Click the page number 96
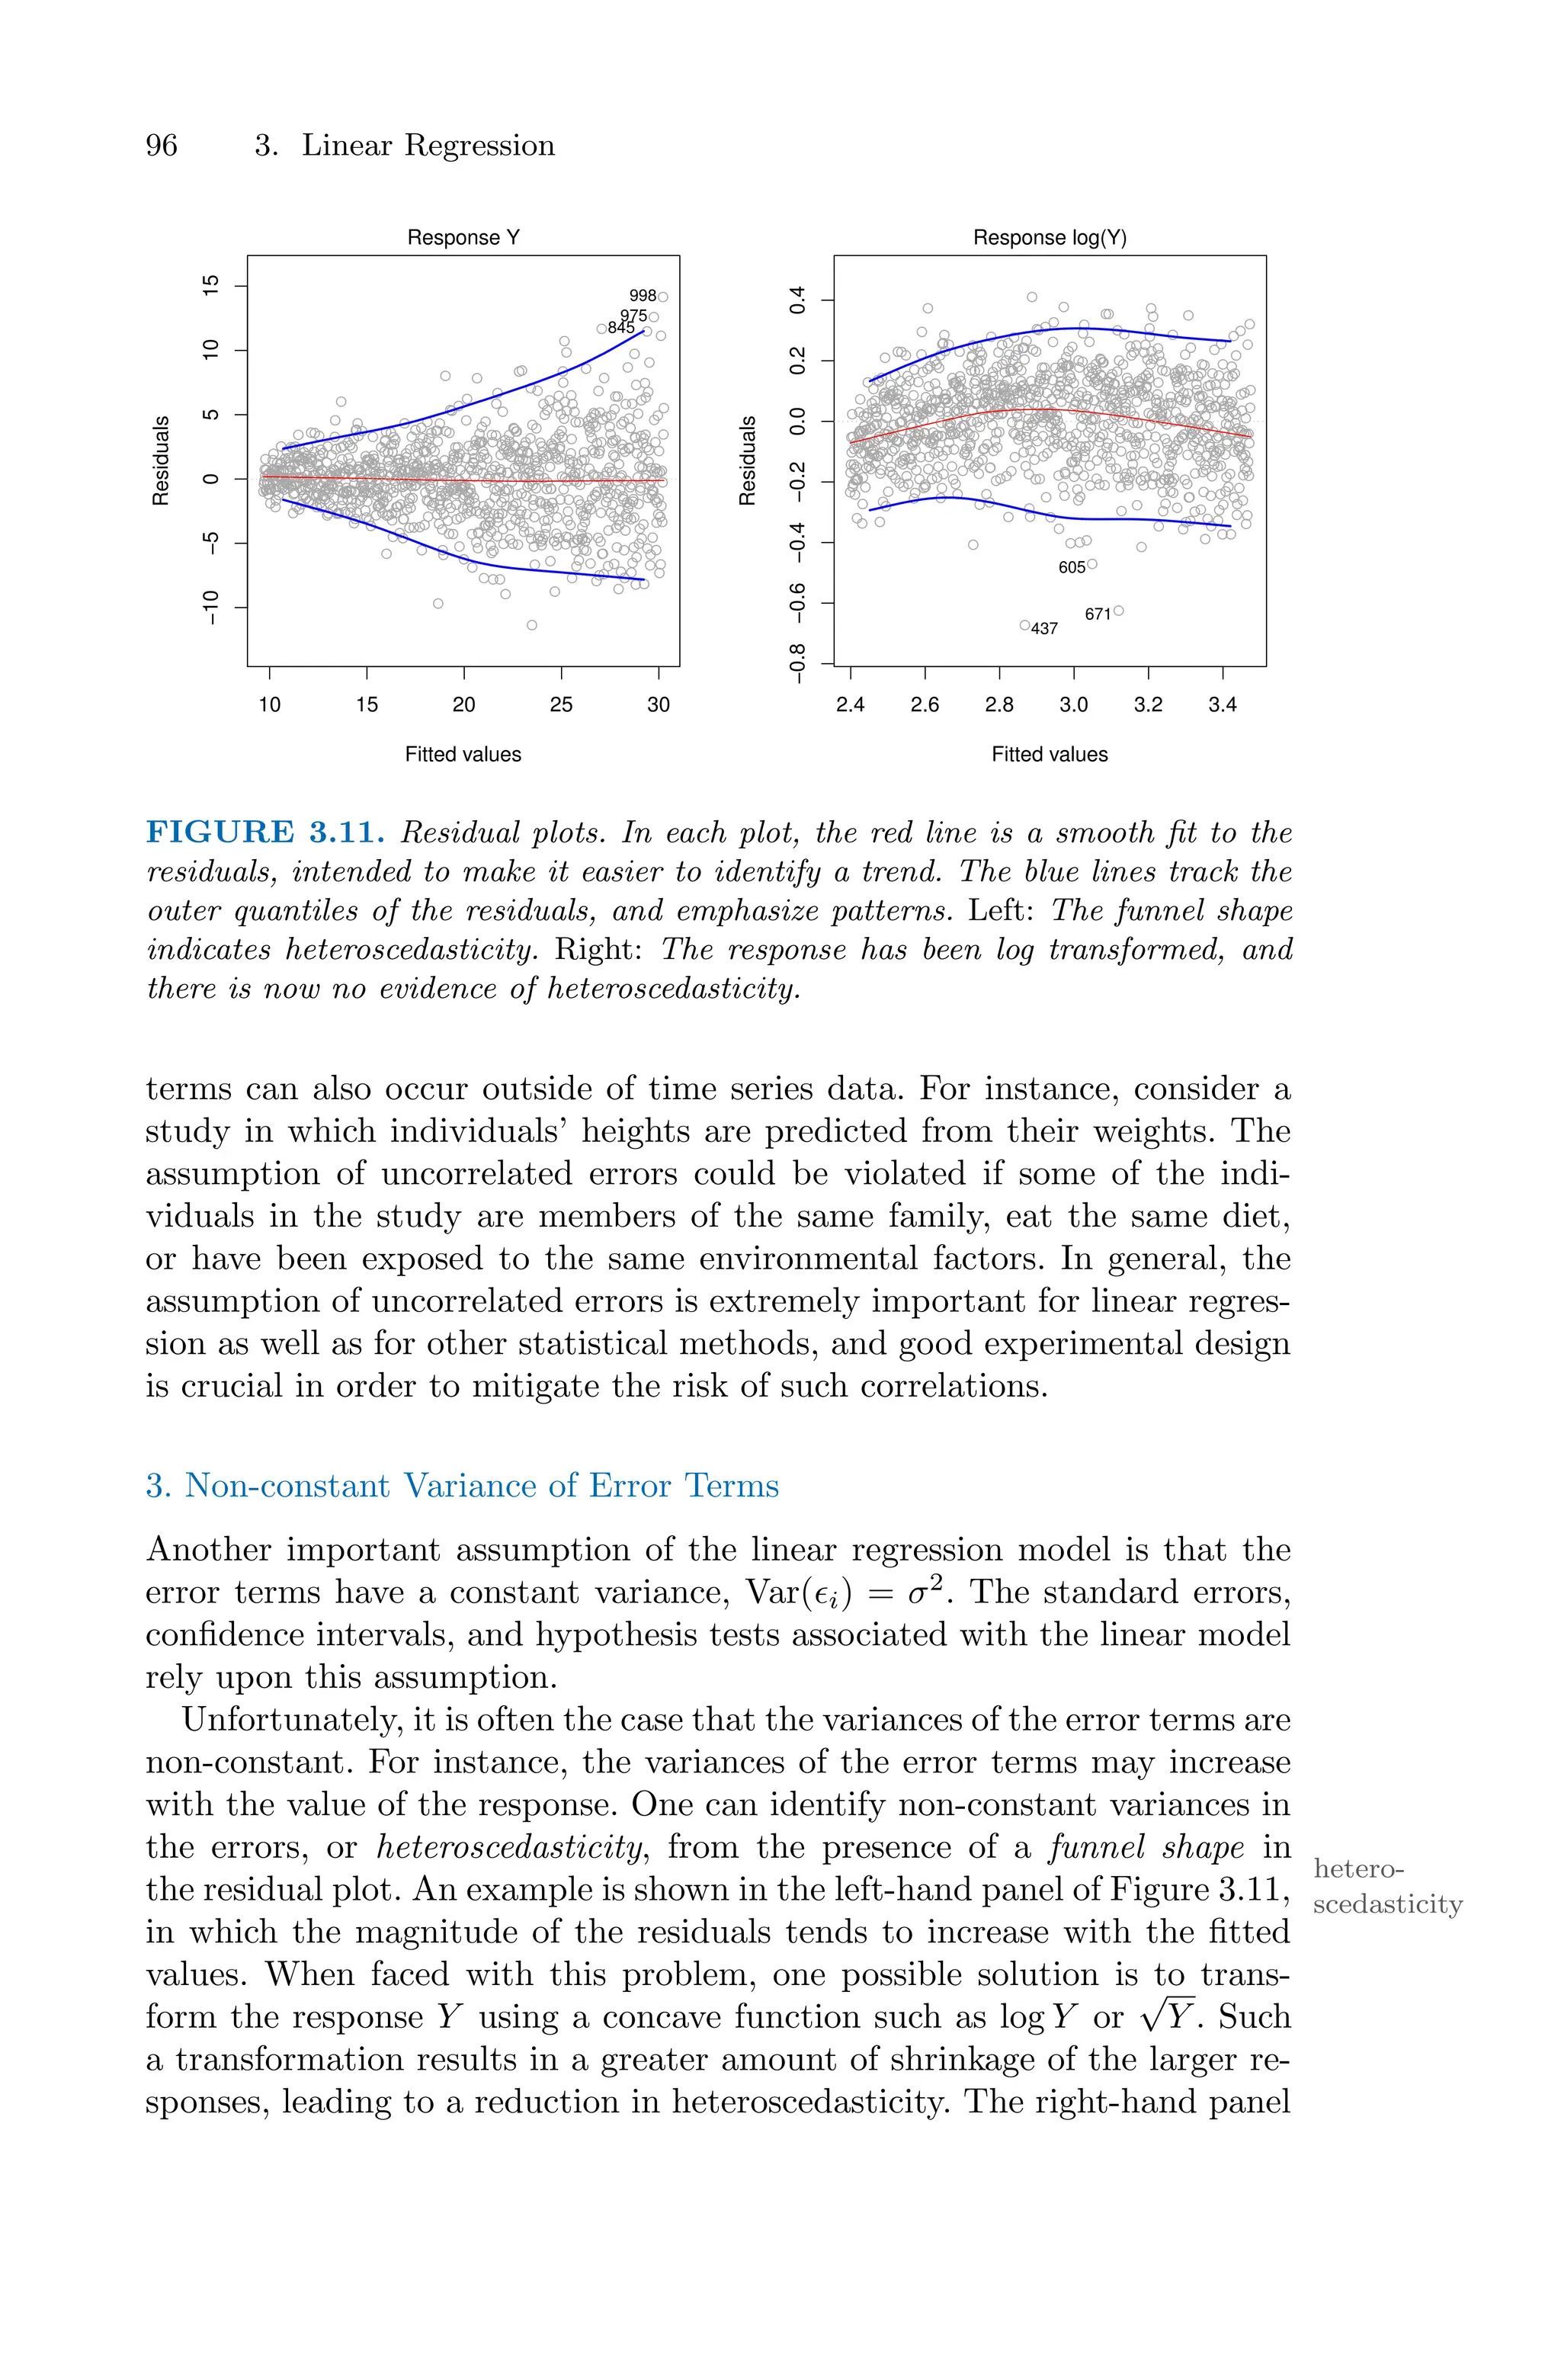point(162,146)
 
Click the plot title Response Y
point(463,238)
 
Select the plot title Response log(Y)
point(1050,238)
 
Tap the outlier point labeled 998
point(663,297)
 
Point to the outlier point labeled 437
point(1024,625)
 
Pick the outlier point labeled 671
point(1119,611)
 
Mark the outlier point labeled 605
point(1092,564)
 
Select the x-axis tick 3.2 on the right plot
point(1148,704)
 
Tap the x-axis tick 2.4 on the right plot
point(850,704)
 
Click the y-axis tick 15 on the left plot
point(210,287)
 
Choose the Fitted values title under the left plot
point(463,755)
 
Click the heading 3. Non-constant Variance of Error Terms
point(462,1485)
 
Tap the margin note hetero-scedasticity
point(1386,1886)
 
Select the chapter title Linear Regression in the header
point(428,146)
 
